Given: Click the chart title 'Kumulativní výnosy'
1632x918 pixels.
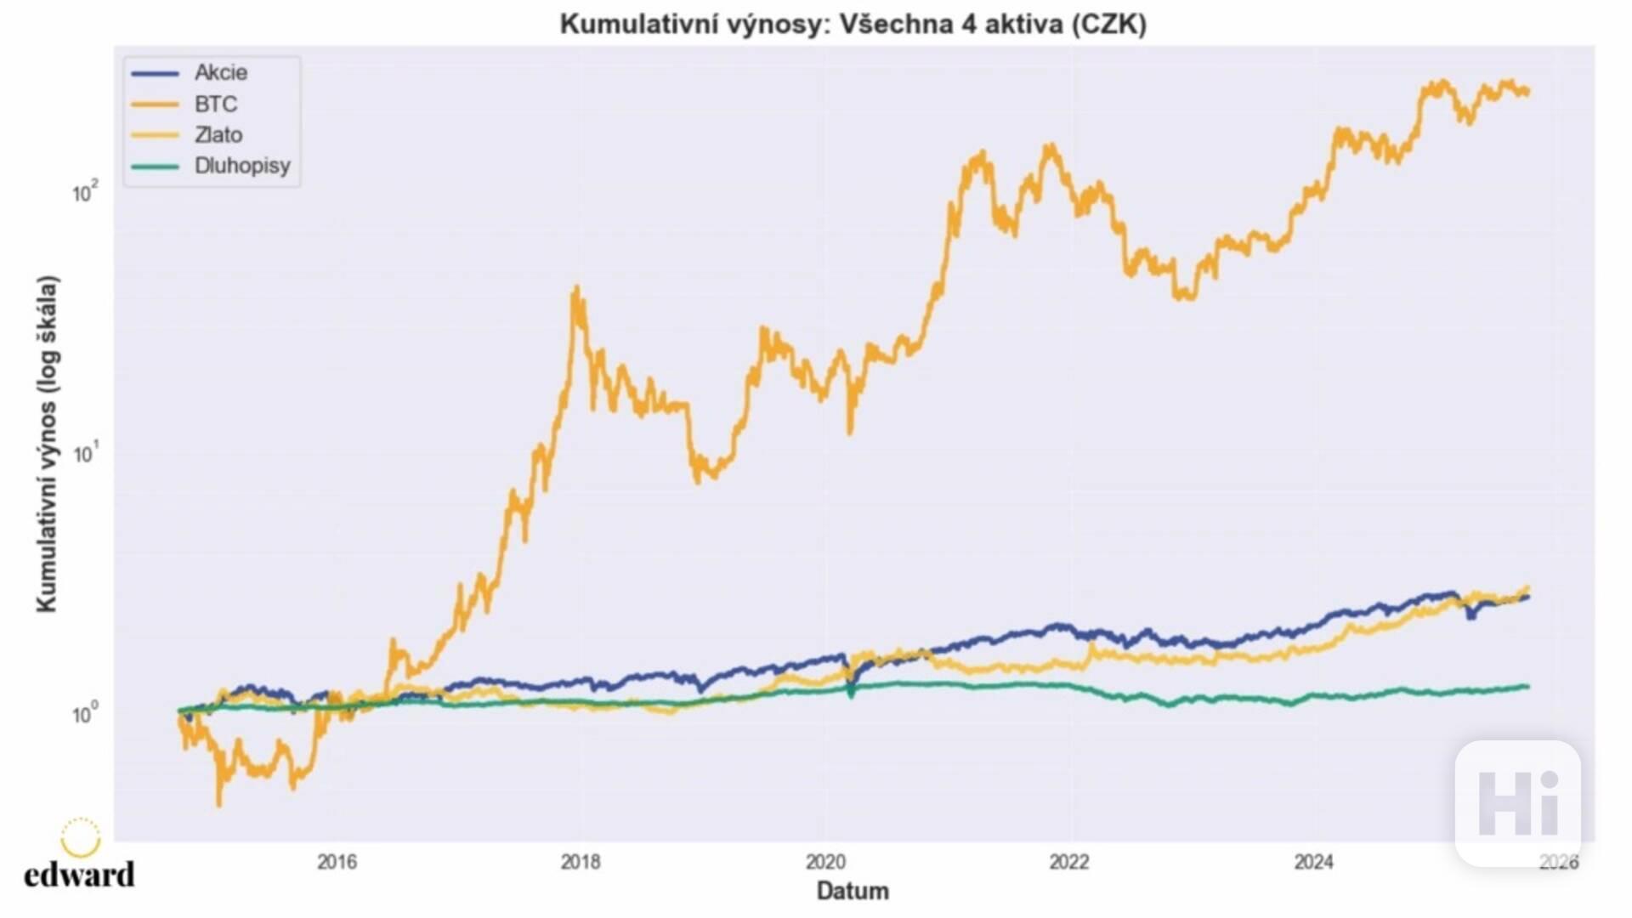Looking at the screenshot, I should (x=853, y=24).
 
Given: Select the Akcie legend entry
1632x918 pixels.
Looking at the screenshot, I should (x=220, y=73).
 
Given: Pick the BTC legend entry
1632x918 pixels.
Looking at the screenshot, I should (x=215, y=105).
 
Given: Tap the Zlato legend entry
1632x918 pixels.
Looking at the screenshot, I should (x=218, y=135).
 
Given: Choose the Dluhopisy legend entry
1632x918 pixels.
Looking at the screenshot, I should (x=241, y=166).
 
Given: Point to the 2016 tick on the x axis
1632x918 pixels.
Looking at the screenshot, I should (x=337, y=862).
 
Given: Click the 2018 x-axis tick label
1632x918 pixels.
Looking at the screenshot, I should (x=581, y=862).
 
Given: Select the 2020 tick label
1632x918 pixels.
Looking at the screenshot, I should (x=825, y=862).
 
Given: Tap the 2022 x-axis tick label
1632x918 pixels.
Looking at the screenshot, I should (x=1069, y=862).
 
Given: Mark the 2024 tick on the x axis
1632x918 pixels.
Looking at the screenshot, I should (x=1314, y=862).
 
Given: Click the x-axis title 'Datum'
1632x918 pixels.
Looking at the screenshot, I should (x=853, y=891).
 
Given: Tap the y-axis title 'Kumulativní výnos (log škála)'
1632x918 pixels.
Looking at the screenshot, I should (x=47, y=444).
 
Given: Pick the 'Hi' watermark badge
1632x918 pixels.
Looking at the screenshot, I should (x=1518, y=803).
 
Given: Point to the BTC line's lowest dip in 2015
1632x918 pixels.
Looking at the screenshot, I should (x=219, y=802).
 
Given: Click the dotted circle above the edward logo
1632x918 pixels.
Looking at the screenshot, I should (x=81, y=837).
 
